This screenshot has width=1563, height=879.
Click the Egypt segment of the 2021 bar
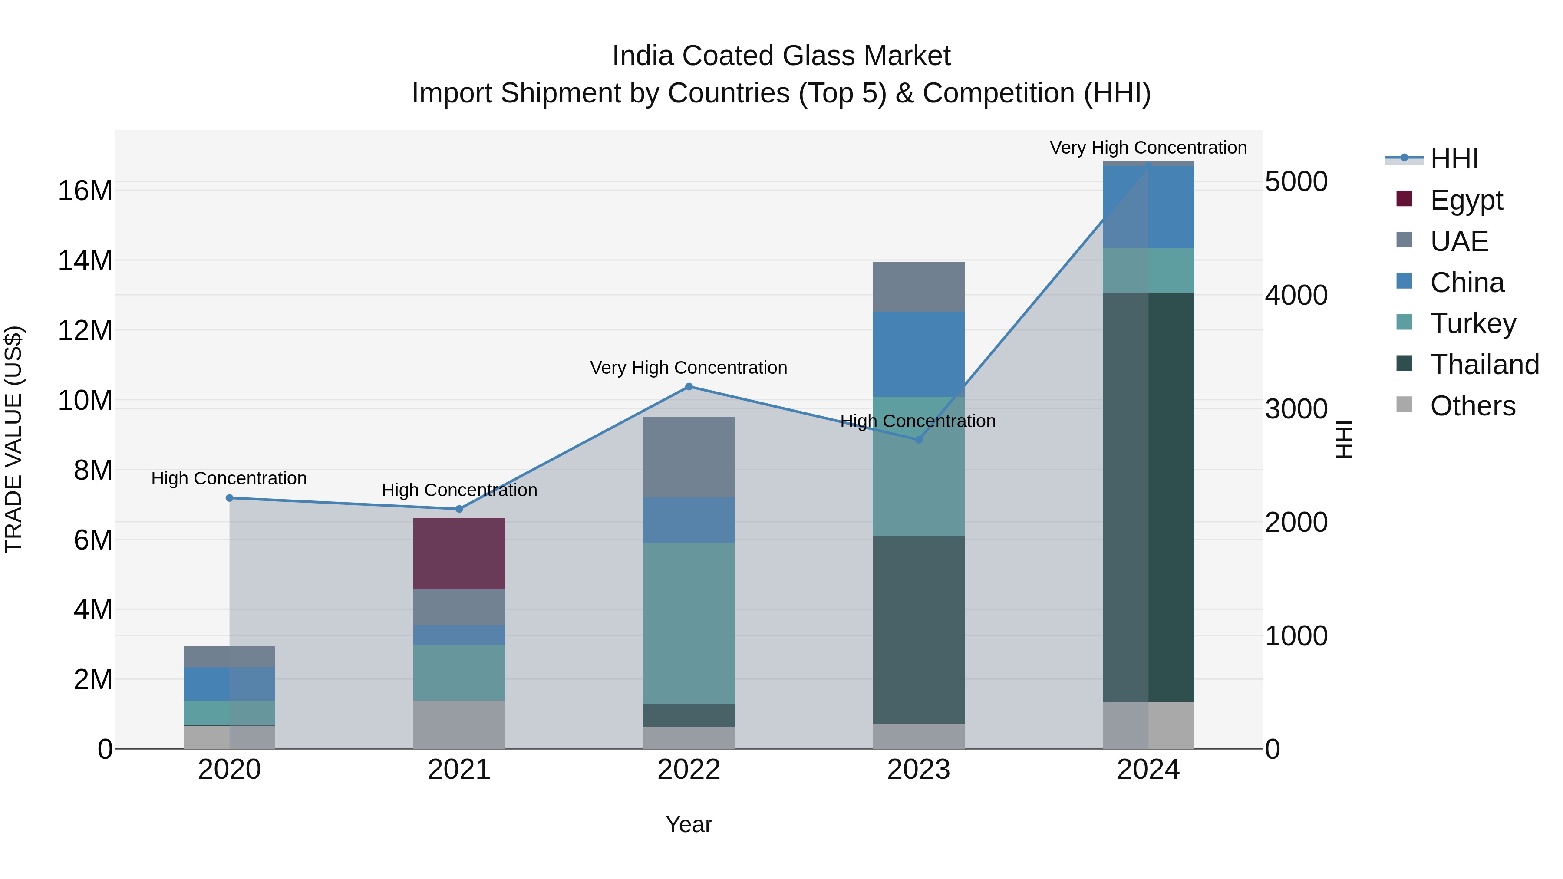(459, 553)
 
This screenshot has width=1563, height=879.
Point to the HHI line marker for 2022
(689, 386)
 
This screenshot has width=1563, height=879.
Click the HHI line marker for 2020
(229, 498)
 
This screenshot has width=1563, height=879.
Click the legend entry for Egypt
(1466, 200)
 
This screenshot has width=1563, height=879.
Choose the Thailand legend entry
(1484, 365)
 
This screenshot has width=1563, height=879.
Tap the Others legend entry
(1472, 406)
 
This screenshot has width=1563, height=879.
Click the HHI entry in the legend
(1454, 159)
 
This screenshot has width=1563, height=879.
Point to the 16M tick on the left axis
(85, 191)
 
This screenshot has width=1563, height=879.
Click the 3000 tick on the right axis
(1296, 409)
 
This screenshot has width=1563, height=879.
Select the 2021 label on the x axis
(459, 770)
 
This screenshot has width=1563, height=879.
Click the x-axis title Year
(689, 824)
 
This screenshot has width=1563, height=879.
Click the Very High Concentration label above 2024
(1148, 148)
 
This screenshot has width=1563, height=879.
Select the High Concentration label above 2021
(459, 490)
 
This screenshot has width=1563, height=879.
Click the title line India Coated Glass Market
(781, 56)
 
